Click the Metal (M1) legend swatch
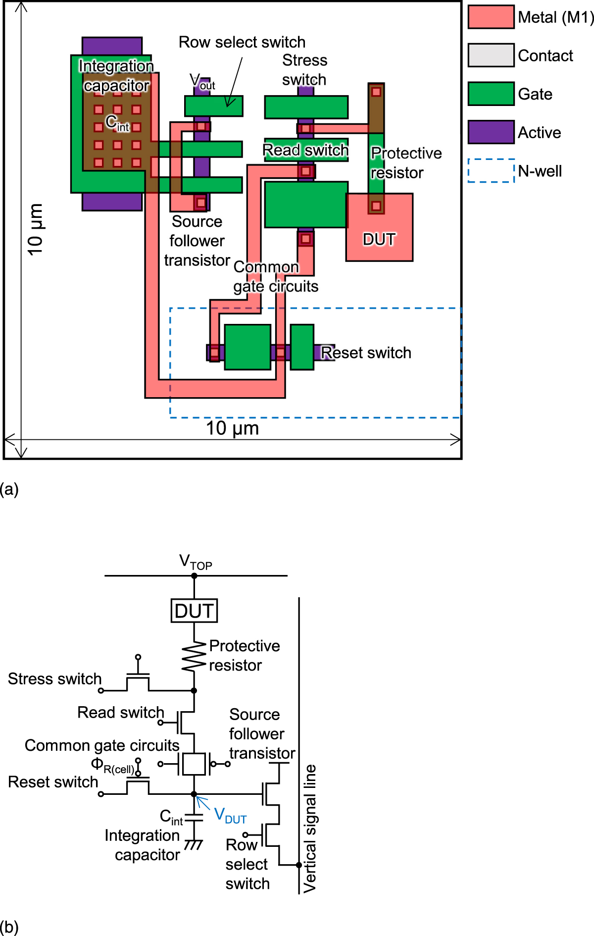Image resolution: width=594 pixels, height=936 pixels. tap(491, 17)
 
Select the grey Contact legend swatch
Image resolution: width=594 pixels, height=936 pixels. tap(491, 55)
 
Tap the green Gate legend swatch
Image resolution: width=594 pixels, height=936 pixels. tap(491, 94)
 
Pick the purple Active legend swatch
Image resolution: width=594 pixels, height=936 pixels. tap(491, 132)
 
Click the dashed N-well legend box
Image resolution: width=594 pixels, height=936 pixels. tap(491, 170)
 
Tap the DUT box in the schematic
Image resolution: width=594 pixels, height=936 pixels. tap(194, 611)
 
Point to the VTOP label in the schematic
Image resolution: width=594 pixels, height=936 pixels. tap(196, 562)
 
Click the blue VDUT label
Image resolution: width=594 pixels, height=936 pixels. tap(230, 815)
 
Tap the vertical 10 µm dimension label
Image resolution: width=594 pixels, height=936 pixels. tap(35, 229)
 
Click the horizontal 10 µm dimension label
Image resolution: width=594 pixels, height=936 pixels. tap(232, 428)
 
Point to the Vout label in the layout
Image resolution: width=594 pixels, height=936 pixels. tap(202, 82)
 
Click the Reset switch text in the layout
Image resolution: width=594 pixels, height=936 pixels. tap(366, 353)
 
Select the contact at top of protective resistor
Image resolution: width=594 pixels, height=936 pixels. tap(376, 92)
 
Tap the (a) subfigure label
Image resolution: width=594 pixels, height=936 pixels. tap(9, 489)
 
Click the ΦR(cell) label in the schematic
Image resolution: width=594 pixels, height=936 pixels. tap(112, 765)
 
